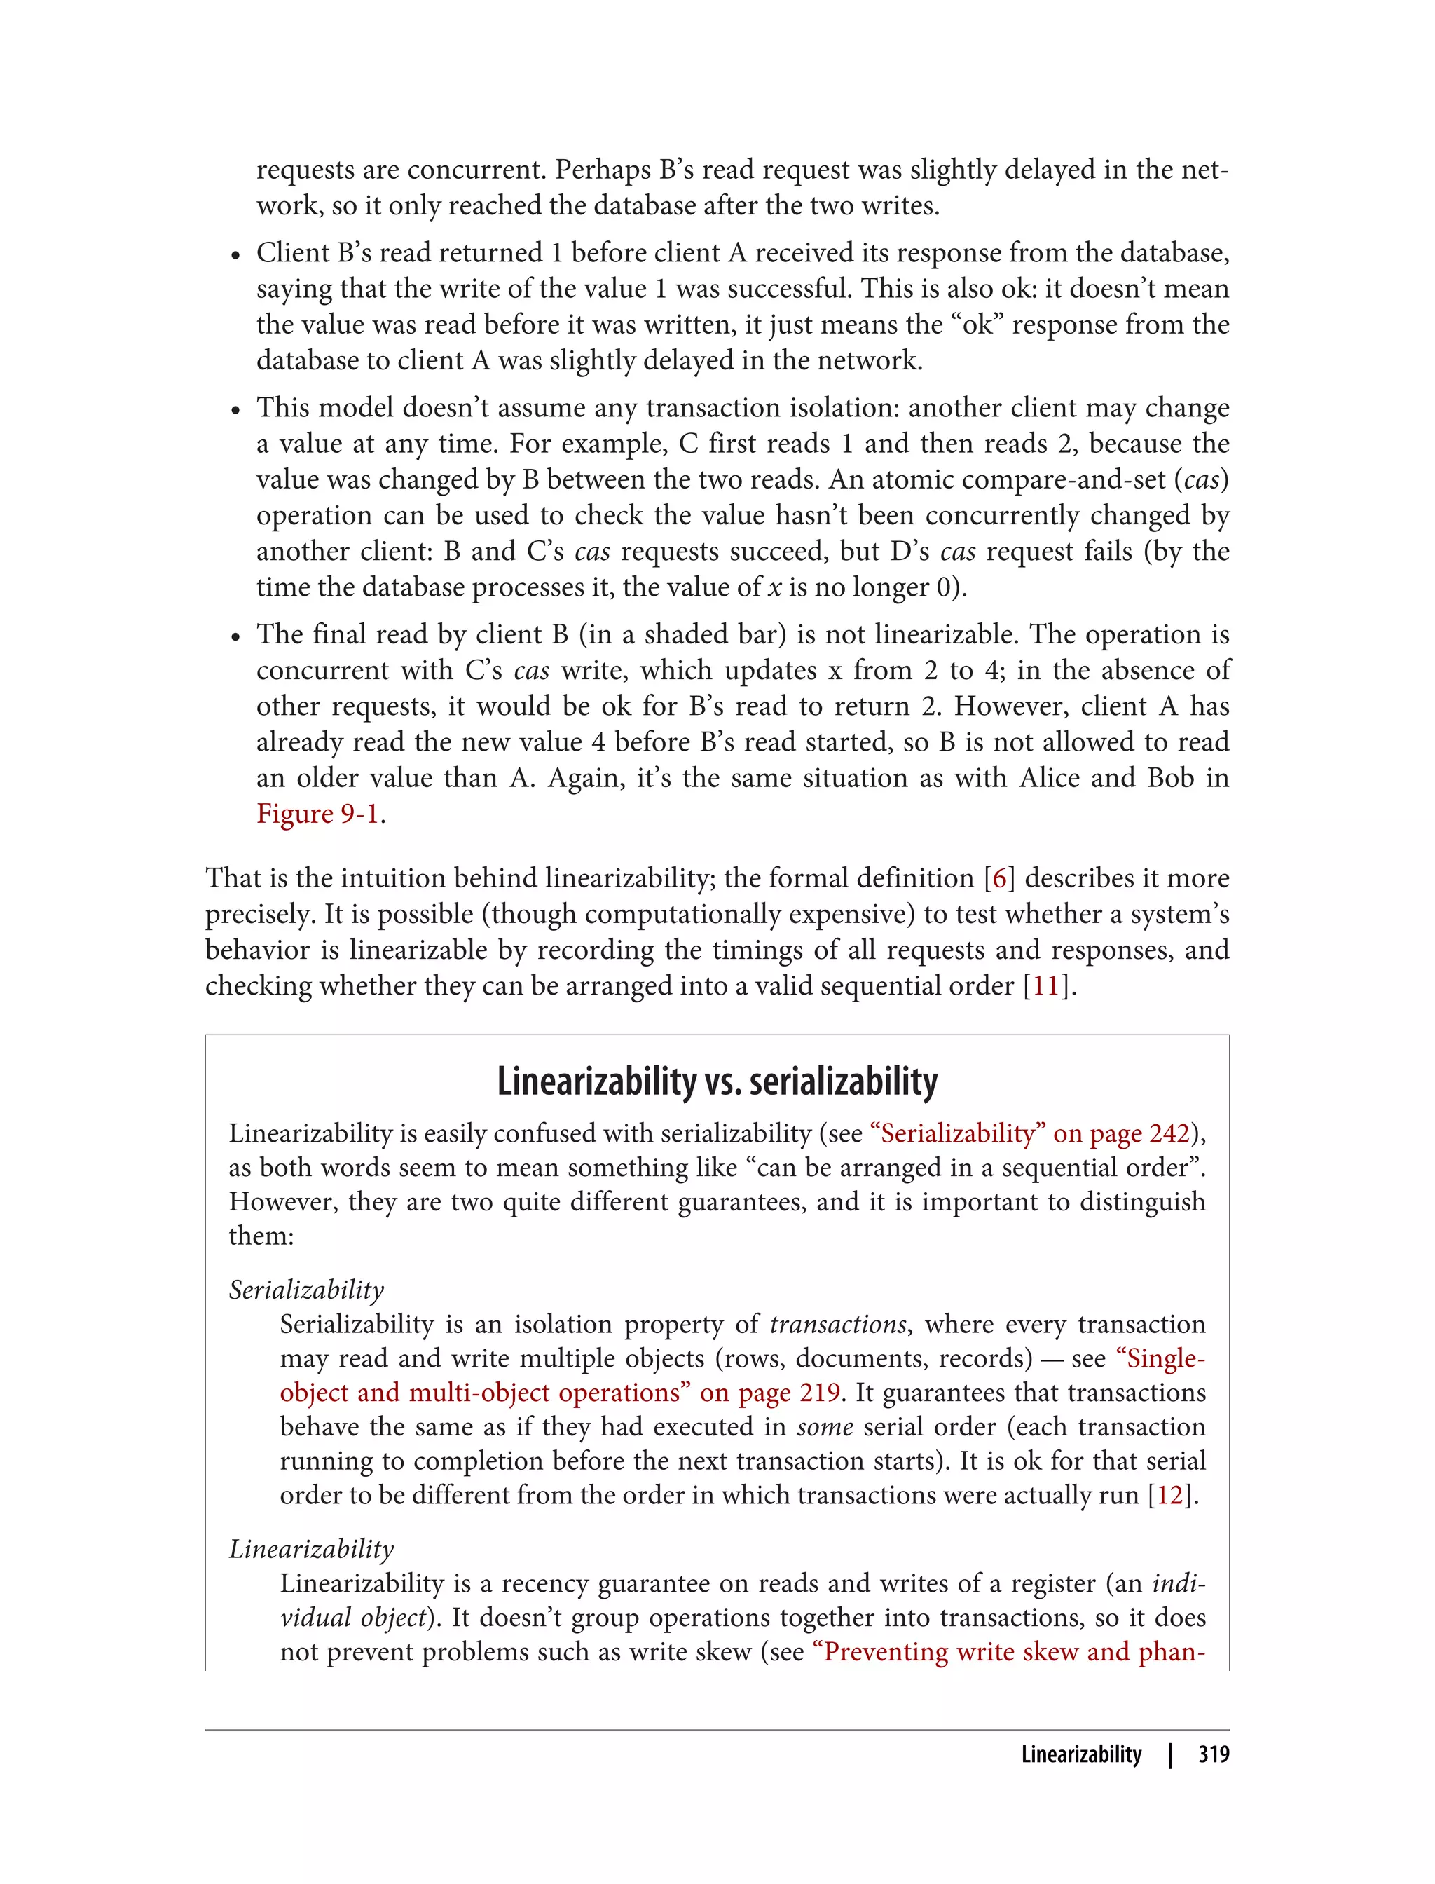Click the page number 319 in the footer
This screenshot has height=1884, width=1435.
coord(1213,1754)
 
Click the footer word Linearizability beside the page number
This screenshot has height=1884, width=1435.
coord(1080,1754)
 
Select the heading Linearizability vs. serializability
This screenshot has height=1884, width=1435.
coord(717,1081)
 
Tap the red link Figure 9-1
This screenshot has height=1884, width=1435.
coord(317,814)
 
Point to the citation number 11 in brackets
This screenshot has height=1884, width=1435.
coord(1046,986)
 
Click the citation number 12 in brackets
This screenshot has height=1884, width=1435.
coord(1170,1495)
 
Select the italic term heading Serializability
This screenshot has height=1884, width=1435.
coord(305,1290)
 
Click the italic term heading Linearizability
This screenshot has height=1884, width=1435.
coord(311,1549)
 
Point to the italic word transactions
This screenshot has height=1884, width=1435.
coord(837,1325)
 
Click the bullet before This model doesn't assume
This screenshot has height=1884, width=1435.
coord(235,411)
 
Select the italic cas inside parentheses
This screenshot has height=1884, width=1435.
coord(1201,480)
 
